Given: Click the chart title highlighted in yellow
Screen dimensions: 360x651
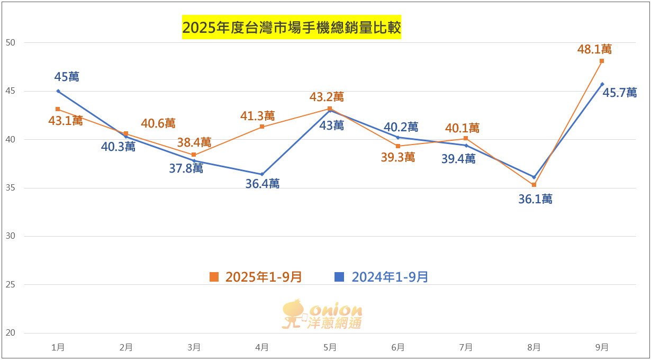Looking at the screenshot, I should pyautogui.click(x=292, y=28).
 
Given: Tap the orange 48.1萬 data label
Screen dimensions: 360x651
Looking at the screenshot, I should pyautogui.click(x=594, y=49).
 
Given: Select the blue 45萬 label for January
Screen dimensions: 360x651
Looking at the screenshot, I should pyautogui.click(x=67, y=77).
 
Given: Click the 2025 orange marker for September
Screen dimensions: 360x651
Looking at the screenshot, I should pyautogui.click(x=602, y=61).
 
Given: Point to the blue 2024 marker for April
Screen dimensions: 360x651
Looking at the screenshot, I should pyautogui.click(x=262, y=174).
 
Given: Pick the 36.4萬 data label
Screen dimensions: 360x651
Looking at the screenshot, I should pyautogui.click(x=263, y=184).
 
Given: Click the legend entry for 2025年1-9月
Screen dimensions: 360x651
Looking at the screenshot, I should pyautogui.click(x=256, y=277).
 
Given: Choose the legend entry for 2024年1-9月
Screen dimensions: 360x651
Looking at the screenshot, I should pyautogui.click(x=382, y=277).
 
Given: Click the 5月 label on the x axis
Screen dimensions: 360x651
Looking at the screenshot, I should pyautogui.click(x=330, y=348).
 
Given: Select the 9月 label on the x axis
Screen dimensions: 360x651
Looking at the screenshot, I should pyautogui.click(x=602, y=348).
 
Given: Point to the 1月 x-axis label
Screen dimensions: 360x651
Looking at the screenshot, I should pyautogui.click(x=58, y=348).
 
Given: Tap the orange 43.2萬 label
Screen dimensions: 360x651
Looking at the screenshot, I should pyautogui.click(x=327, y=97).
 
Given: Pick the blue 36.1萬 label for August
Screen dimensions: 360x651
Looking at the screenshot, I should pyautogui.click(x=535, y=199).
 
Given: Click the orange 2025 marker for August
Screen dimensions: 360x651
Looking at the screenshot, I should pyautogui.click(x=534, y=185).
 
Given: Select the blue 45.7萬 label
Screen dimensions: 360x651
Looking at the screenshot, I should pyautogui.click(x=620, y=92).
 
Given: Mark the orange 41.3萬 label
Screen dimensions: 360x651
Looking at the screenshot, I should pyautogui.click(x=258, y=115).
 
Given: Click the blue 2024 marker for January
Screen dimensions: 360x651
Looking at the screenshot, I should pyautogui.click(x=58, y=91).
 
